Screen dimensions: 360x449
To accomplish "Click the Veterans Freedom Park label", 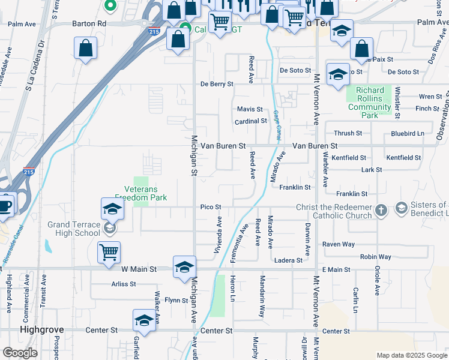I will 141,191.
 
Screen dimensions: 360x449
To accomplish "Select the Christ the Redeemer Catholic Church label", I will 334,212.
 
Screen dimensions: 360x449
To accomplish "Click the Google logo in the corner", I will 20,353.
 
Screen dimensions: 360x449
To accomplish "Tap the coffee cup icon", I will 5,205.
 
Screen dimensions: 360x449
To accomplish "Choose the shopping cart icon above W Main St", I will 109,252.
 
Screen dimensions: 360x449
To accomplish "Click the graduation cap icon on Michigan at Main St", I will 184,267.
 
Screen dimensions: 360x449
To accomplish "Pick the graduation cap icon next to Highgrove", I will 144,322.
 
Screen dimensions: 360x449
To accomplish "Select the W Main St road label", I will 138,270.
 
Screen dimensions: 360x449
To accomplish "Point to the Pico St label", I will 211,207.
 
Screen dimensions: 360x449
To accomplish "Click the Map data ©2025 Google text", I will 411,355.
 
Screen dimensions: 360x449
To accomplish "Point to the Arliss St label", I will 124,284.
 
